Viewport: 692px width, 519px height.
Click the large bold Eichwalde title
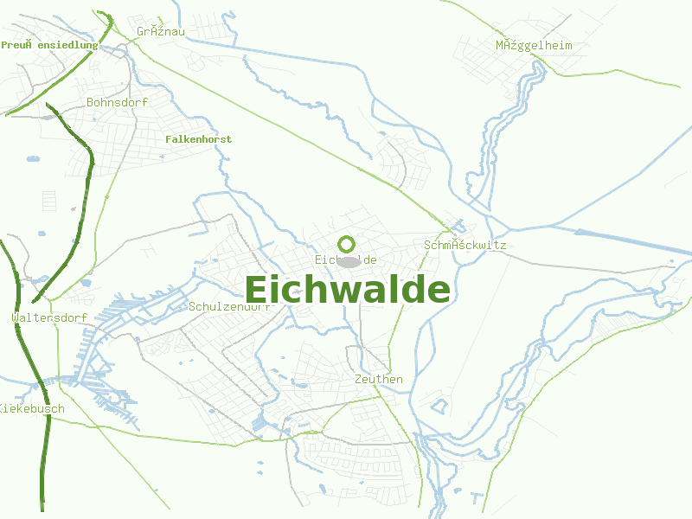(x=347, y=290)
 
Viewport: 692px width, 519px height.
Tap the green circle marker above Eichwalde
(x=347, y=245)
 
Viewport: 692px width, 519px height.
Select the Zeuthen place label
(x=379, y=380)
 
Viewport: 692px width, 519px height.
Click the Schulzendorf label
(x=229, y=306)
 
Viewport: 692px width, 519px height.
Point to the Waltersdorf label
(x=49, y=318)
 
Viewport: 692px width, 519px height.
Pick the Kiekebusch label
(x=31, y=409)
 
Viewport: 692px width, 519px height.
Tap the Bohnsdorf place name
(x=118, y=102)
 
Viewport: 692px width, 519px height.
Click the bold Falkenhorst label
(x=198, y=139)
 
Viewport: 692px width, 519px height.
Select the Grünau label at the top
(x=161, y=32)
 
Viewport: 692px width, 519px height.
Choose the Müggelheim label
(x=534, y=46)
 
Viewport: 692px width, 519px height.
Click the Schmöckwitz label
(x=465, y=246)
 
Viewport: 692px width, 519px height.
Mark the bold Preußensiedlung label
(x=49, y=45)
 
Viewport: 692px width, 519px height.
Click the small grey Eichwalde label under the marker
(x=346, y=259)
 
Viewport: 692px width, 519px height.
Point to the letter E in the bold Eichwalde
(x=257, y=290)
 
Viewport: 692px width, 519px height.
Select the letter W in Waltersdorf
(x=16, y=318)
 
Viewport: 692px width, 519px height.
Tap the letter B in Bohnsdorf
(x=91, y=102)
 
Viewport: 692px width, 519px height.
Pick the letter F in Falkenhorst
(x=168, y=139)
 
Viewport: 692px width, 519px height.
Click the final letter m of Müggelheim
(x=568, y=46)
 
